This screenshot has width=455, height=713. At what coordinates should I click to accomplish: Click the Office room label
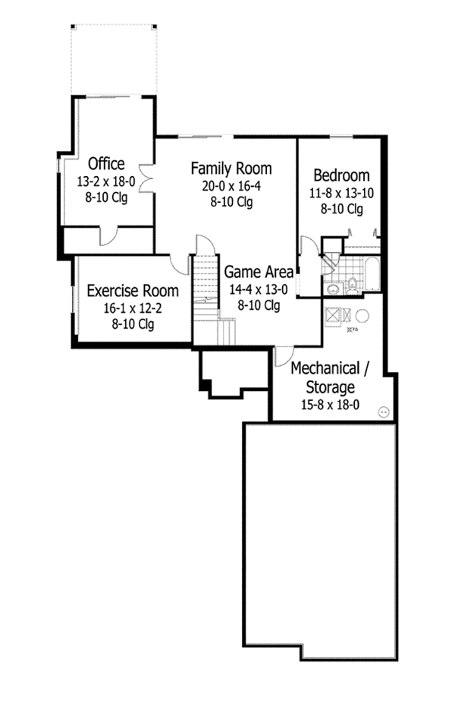coord(106,163)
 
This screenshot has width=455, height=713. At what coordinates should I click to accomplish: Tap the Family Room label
coord(231,168)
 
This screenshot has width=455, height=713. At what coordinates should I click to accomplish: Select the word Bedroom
coord(341,175)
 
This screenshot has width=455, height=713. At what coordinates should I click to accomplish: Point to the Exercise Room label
coord(133,290)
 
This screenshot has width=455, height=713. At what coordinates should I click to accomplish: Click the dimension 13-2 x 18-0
coord(106,182)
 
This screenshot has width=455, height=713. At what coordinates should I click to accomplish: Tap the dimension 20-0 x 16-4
coord(231,186)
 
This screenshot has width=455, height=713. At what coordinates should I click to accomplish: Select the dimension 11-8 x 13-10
coord(341,193)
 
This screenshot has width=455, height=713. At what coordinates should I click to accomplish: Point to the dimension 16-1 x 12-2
coord(133,308)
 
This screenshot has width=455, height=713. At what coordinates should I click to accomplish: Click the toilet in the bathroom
coord(352,286)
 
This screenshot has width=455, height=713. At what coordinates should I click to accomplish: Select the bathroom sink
coord(331,289)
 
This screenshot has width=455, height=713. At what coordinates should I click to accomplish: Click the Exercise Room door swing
coord(180,263)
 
